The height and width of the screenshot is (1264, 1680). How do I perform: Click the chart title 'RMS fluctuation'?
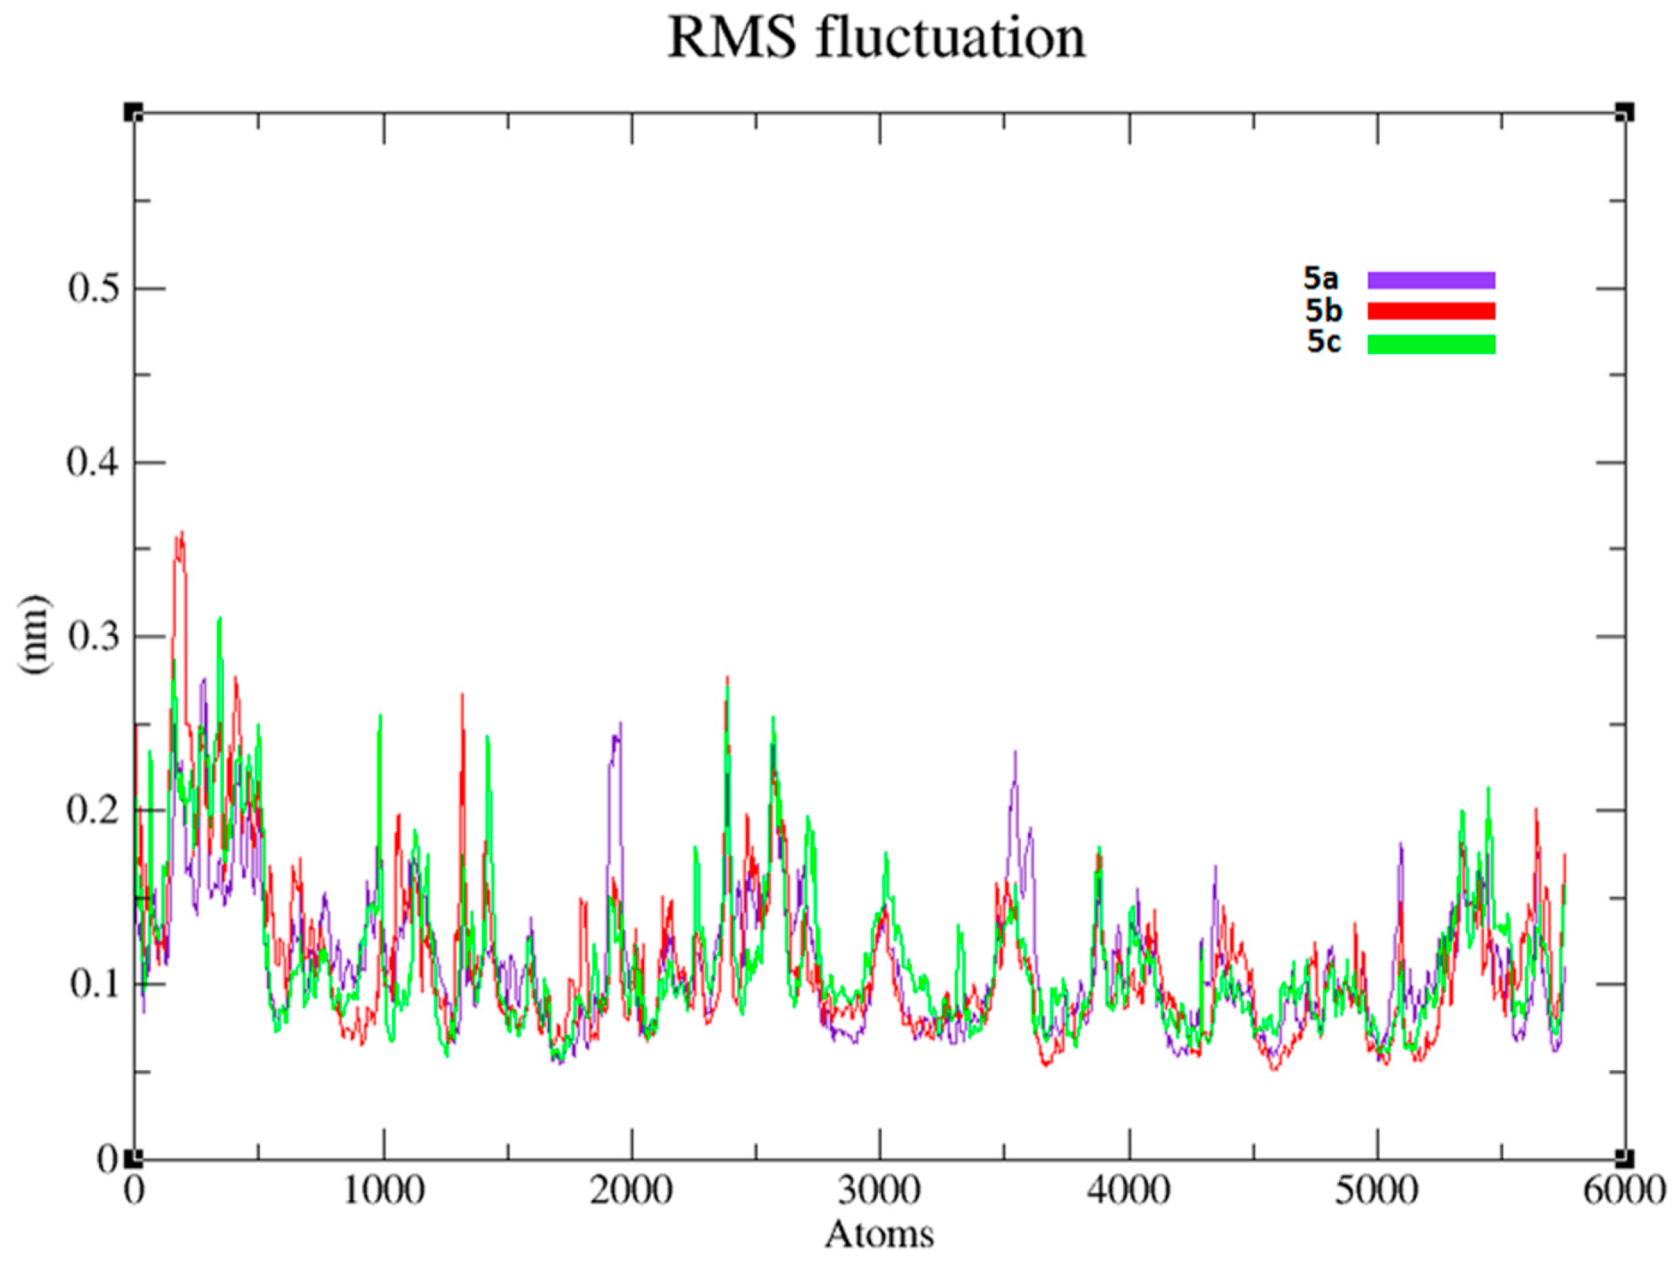click(877, 38)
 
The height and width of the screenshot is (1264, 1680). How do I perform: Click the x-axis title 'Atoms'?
click(879, 1234)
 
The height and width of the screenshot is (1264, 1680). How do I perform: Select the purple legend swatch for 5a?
click(1431, 280)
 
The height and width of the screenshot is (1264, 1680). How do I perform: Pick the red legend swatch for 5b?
click(1431, 312)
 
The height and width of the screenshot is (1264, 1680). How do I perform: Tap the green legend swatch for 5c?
click(1431, 344)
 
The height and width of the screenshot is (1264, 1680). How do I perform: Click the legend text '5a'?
click(1321, 279)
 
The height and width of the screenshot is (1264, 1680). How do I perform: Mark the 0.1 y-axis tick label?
click(95, 985)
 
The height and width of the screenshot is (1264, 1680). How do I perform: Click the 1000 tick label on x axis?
click(383, 1191)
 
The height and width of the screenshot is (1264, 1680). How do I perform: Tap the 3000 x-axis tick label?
click(879, 1191)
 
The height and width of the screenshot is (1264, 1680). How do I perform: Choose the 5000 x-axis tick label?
click(1376, 1191)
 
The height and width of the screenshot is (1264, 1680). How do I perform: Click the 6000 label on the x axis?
click(1624, 1191)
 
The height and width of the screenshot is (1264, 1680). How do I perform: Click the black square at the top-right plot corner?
click(1625, 113)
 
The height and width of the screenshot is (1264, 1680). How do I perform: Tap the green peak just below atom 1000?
click(380, 717)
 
